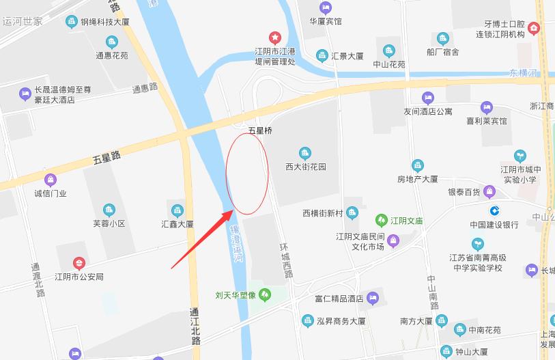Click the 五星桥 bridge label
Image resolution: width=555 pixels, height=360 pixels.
[x=260, y=129]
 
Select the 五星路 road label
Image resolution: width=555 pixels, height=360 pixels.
[x=106, y=158]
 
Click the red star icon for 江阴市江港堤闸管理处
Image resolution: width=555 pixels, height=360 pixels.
[x=274, y=37]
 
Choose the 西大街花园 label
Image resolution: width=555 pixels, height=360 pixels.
[x=306, y=167]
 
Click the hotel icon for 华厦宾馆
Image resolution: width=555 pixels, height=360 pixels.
[x=325, y=8]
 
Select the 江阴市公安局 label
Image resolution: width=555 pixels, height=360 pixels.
[x=79, y=277]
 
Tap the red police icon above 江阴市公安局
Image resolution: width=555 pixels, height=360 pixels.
[x=79, y=263]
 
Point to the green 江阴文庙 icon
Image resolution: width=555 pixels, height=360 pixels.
[x=381, y=221]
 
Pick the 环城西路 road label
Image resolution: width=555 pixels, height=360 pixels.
[x=287, y=260]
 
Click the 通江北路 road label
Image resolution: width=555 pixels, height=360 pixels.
[x=195, y=327]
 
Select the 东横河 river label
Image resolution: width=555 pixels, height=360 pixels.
[x=524, y=73]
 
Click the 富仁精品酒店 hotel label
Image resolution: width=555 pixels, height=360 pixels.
[x=338, y=298]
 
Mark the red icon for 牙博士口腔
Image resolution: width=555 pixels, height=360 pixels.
[x=533, y=28]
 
